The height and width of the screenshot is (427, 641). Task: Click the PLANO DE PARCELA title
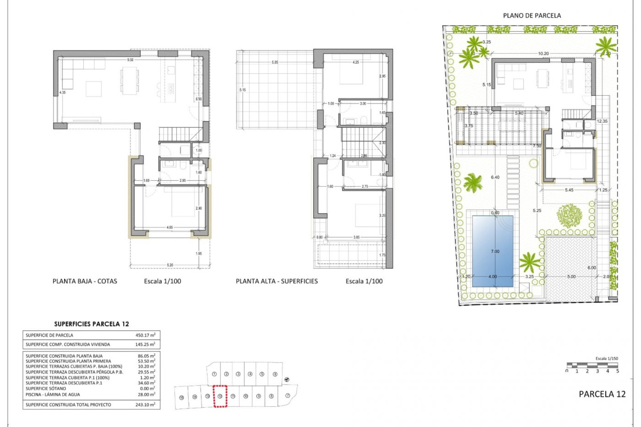tap(532, 16)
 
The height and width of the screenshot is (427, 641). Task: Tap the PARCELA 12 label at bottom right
tap(602, 394)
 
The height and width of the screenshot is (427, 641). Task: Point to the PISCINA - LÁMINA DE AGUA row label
tap(53, 394)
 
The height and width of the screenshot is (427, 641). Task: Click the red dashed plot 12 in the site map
tap(220, 396)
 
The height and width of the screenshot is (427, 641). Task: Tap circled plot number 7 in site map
tap(288, 396)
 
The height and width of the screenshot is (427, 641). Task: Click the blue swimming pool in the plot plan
tap(492, 251)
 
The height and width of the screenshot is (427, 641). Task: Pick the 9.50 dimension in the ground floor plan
tap(130, 60)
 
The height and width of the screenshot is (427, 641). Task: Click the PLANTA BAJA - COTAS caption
tap(85, 281)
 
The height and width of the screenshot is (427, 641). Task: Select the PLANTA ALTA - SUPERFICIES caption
tap(277, 281)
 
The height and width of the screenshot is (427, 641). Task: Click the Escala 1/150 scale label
tap(607, 358)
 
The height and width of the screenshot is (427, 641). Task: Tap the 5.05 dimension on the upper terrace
tap(275, 62)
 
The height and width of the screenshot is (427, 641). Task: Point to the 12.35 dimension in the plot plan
tap(602, 121)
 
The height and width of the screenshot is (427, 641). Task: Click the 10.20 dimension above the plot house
tap(543, 53)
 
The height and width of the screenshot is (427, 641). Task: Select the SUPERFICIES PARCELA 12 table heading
tap(91, 324)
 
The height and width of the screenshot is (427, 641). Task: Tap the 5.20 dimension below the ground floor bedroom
tap(170, 265)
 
